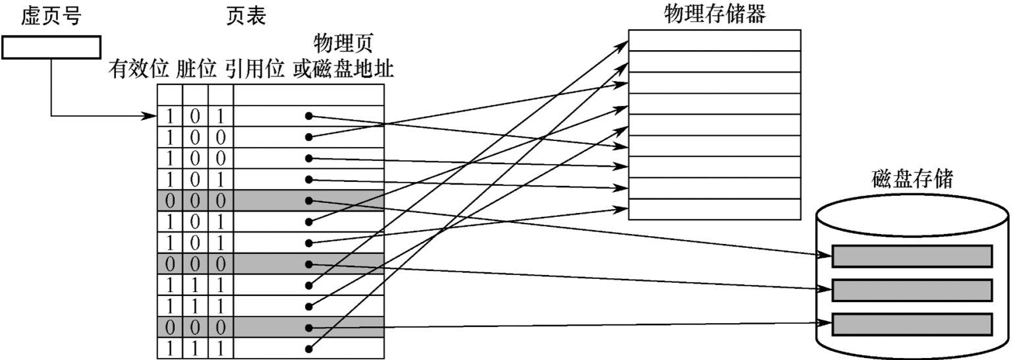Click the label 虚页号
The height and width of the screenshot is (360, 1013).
point(51,16)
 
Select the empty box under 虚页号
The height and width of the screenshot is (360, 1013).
point(51,47)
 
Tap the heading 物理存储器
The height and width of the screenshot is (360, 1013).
point(714,15)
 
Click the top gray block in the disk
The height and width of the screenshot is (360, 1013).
point(912,256)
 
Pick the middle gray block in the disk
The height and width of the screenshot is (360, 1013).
point(912,290)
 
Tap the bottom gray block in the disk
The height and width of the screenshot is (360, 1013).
point(912,324)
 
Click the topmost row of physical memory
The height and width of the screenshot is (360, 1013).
point(714,40)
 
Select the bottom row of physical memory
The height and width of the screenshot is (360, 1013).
point(714,209)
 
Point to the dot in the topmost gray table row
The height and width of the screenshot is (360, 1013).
point(308,200)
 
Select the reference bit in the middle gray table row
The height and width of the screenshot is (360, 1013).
point(221,264)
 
